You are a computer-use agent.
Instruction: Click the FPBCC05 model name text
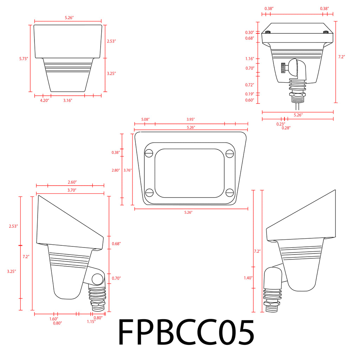point(186,332)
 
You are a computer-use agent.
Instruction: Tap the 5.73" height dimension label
point(24,59)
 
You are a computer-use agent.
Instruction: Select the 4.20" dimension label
point(45,100)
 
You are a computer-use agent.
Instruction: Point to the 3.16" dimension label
point(68,100)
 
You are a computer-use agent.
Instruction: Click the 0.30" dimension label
point(250,33)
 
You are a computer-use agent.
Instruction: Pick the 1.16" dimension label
point(250,59)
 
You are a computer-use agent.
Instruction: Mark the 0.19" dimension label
point(250,94)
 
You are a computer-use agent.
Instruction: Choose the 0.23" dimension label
point(281,124)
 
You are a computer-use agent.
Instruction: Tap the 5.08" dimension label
point(145,120)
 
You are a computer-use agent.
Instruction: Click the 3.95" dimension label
point(191,120)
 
